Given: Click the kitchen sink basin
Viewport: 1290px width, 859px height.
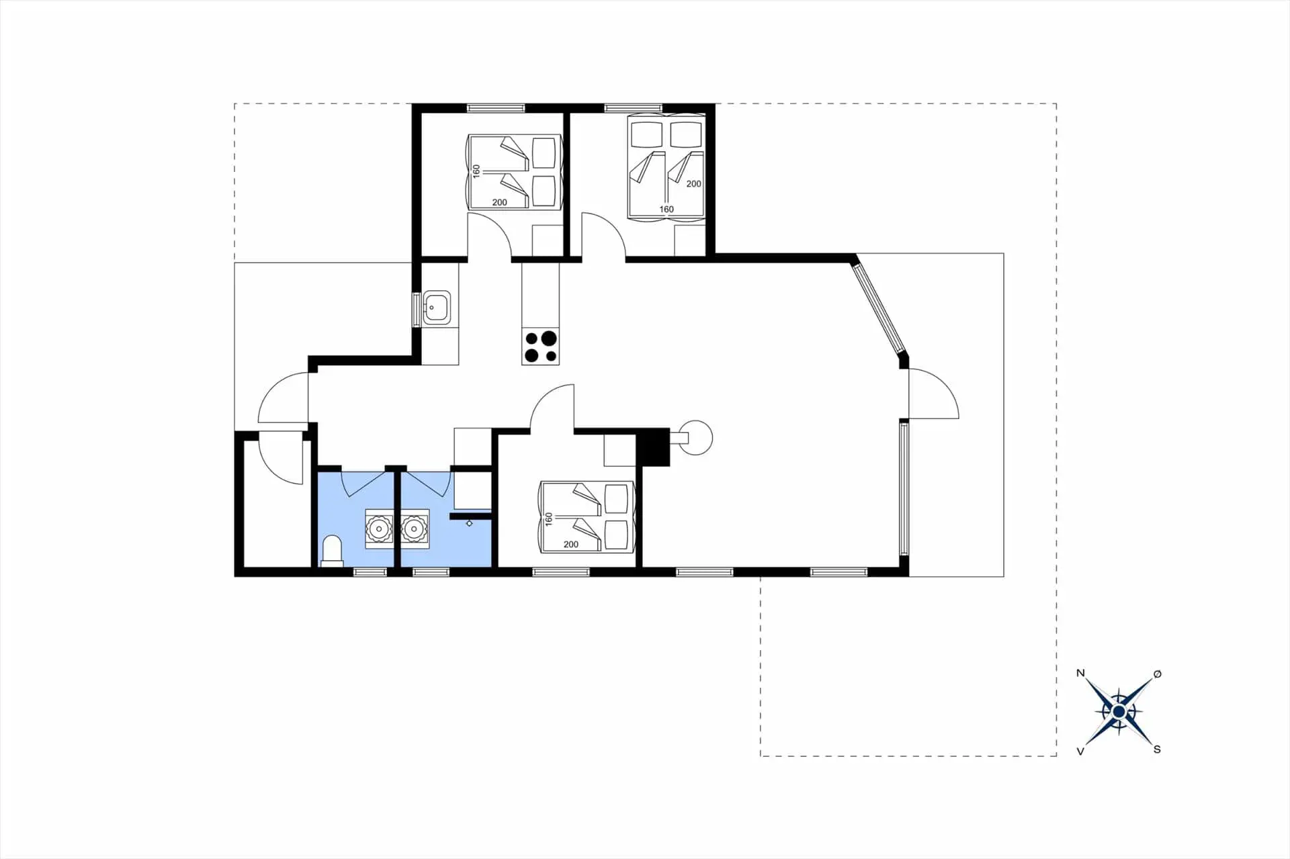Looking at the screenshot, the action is coord(437,308).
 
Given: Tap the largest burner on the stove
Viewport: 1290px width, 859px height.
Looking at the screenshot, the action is coord(549,338).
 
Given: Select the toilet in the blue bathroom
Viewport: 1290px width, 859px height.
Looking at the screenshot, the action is coord(332,550).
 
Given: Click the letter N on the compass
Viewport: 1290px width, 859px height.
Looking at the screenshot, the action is coord(1080,673).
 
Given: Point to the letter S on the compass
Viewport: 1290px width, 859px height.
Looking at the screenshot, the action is coord(1157,750).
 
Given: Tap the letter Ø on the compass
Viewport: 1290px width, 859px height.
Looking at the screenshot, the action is coord(1157,673).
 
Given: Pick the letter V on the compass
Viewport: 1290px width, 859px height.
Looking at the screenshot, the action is coord(1080,752).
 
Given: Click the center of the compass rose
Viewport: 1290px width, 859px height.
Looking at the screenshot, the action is coord(1119,711).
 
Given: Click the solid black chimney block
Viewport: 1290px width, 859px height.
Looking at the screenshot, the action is coord(653,447).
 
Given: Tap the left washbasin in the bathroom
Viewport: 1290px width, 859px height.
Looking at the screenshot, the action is coord(380,529).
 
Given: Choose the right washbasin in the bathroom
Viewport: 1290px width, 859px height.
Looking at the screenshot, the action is coord(415,529).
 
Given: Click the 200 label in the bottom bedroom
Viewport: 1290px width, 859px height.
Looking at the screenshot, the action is coord(571,545).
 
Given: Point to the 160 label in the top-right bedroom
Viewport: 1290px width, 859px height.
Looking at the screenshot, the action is coord(666,210).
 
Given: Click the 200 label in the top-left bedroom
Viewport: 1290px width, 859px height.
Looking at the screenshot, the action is coord(500,203).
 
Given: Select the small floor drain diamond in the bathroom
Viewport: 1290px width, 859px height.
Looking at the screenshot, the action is coord(469,523).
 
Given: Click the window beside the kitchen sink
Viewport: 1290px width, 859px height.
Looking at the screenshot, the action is coord(417,309).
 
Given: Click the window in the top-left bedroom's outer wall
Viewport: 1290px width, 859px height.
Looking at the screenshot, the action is coord(496,107).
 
